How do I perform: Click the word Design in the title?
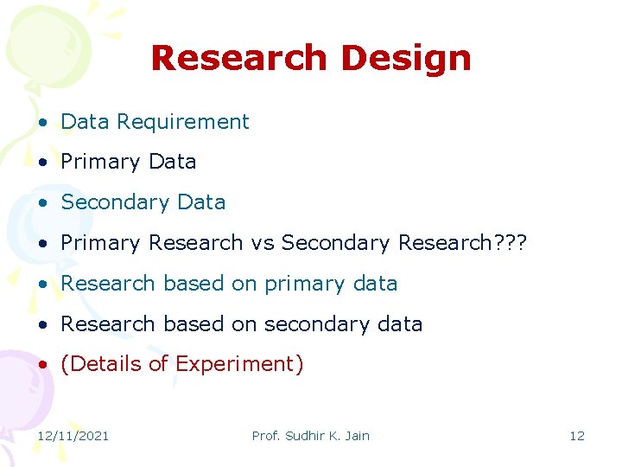[406, 59]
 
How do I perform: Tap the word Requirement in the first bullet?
[183, 122]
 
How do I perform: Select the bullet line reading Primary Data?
[129, 162]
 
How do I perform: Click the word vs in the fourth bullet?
[262, 243]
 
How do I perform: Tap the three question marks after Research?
[508, 243]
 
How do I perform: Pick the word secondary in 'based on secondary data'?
[318, 324]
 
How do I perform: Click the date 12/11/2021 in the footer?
[73, 436]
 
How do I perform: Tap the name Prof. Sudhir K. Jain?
[310, 436]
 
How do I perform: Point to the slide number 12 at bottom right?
[576, 436]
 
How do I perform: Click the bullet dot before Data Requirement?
[42, 123]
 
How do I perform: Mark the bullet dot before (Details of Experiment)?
[42, 365]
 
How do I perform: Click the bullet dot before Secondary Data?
[42, 203]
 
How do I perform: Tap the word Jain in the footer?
[356, 436]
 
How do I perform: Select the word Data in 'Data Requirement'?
[85, 122]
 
